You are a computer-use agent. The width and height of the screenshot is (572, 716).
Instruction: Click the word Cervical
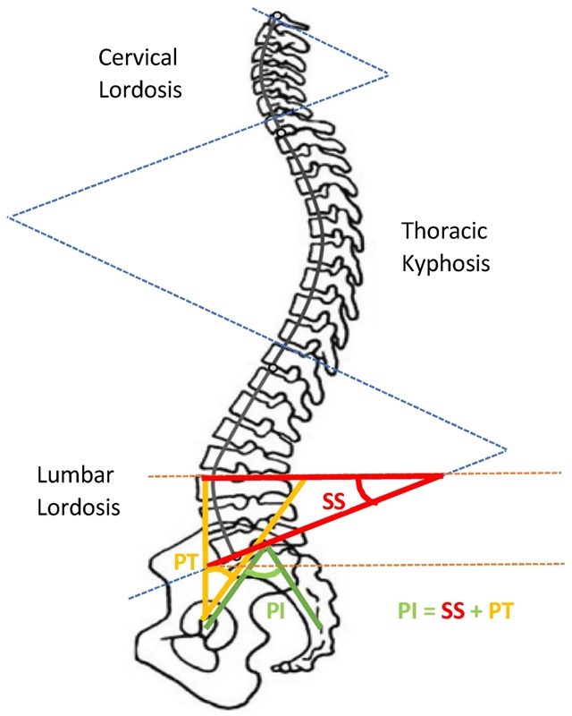tap(139, 58)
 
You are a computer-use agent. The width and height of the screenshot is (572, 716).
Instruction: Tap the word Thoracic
tap(444, 231)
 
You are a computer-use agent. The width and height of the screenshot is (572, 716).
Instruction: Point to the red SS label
tap(333, 502)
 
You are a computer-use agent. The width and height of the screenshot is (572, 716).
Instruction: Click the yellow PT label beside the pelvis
tap(187, 562)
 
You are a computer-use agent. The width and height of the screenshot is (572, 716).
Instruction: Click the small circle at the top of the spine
tap(278, 15)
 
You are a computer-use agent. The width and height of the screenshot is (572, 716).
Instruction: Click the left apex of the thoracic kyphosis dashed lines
tap(8, 217)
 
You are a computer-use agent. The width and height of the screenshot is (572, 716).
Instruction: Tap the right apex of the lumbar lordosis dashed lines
tap(507, 447)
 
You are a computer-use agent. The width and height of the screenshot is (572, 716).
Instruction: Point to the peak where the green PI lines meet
tap(265, 549)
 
